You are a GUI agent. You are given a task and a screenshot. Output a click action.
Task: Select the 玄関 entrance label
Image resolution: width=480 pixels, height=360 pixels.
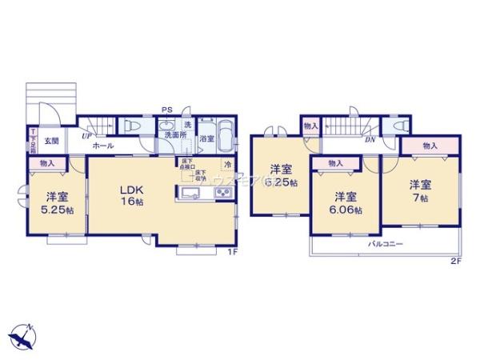[x=51, y=140]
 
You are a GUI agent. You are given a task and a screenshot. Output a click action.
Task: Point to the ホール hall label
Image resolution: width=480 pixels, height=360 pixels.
[x=102, y=146]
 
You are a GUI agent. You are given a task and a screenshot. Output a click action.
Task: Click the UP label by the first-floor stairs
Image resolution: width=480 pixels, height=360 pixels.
[x=84, y=136]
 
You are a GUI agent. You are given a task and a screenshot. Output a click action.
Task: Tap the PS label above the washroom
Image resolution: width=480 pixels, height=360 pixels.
[x=167, y=110]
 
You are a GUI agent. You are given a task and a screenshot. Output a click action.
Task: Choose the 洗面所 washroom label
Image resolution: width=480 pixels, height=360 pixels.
[x=175, y=136]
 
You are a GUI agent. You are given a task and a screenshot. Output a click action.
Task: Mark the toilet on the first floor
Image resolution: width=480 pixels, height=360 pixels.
[x=134, y=126]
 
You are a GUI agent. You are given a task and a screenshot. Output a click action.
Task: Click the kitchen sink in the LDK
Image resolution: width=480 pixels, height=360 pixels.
[x=192, y=195]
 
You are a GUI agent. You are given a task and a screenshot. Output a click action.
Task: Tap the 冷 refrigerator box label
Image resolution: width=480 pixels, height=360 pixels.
[x=227, y=165]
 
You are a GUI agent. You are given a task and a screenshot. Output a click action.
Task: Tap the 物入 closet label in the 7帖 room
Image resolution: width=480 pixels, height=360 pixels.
[x=430, y=146]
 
